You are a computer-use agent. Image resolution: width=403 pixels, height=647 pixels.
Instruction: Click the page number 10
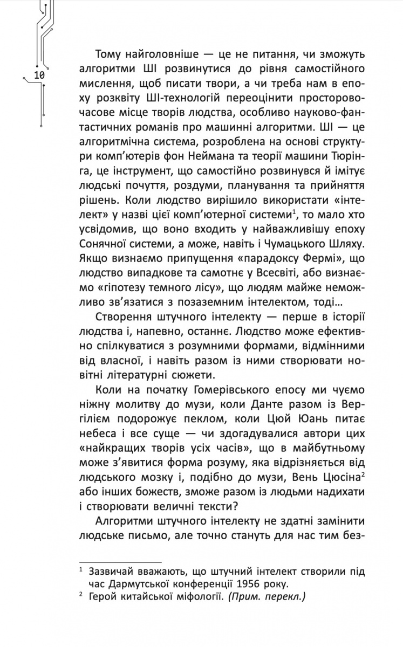[39, 75]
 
